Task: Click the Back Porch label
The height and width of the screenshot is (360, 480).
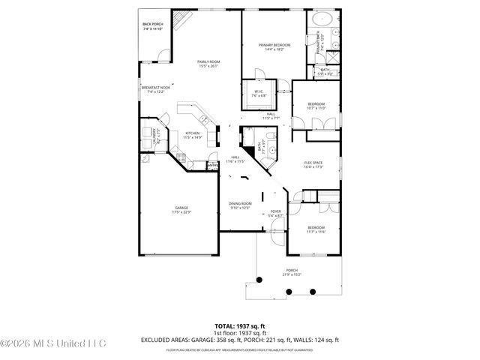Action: tap(153, 27)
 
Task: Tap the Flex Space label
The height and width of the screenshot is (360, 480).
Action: tap(313, 164)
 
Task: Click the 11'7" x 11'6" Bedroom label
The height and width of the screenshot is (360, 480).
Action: tap(315, 229)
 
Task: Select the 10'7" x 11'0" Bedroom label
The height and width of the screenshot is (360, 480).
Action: tap(316, 106)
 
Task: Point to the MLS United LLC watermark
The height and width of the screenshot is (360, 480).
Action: tap(52, 343)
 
